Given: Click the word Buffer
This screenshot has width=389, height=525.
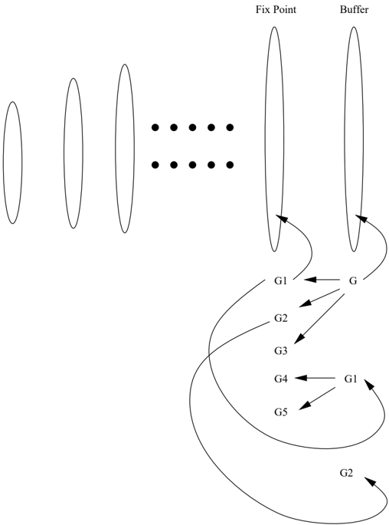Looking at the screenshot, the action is click(354, 10).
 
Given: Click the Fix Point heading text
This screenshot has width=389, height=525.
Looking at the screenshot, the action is click(276, 10).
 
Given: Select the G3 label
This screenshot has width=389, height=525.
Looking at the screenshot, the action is click(281, 350).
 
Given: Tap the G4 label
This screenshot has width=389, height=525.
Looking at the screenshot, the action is click(281, 379).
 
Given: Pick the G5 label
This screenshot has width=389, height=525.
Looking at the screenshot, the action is click(281, 412).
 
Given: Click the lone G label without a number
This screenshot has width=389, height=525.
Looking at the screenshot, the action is click(353, 281).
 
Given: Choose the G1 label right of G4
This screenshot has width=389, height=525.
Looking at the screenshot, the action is click(351, 379).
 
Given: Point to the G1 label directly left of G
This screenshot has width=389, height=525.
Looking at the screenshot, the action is click(281, 281).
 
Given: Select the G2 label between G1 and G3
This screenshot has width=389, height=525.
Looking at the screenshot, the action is click(281, 318).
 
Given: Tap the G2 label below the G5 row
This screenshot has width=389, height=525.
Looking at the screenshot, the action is click(347, 473).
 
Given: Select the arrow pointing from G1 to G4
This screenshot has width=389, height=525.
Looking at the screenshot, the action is click(315, 379).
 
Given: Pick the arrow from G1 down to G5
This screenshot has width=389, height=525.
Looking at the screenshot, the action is click(317, 399).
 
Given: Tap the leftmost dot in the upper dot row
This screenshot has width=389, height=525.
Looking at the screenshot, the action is click(155, 127).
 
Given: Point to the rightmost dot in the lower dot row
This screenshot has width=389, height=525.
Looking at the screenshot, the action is click(230, 165).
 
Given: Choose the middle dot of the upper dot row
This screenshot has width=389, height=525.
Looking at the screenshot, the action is click(192, 127).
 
